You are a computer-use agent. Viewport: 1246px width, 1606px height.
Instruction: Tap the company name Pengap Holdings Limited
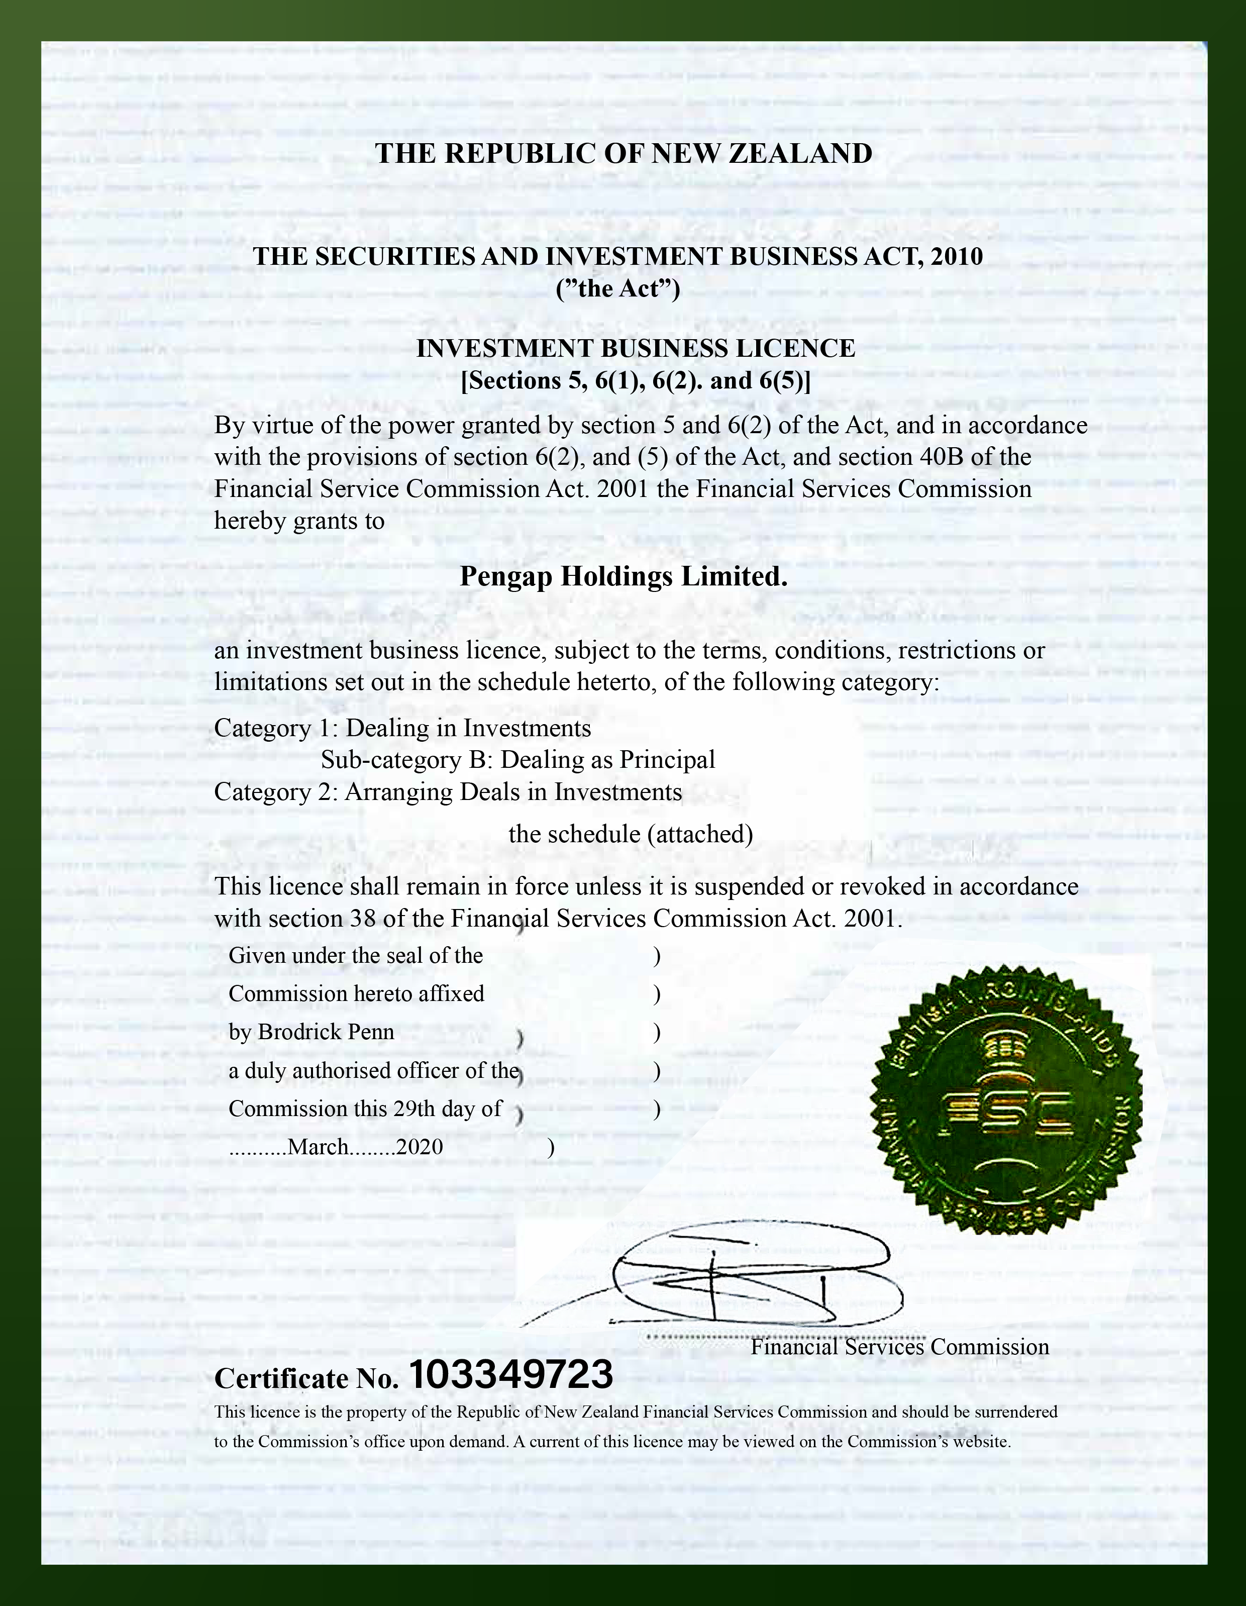click(624, 576)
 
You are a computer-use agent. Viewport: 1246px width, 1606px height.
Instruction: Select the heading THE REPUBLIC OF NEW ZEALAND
click(624, 154)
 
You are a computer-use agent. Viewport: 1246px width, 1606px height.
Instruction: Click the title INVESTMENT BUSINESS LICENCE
click(635, 349)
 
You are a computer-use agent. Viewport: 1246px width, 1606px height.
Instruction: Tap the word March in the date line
click(319, 1147)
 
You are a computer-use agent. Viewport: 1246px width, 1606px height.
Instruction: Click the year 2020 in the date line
click(420, 1147)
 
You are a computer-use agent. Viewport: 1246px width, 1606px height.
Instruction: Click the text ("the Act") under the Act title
click(618, 289)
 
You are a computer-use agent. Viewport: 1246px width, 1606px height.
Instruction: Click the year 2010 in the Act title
click(955, 257)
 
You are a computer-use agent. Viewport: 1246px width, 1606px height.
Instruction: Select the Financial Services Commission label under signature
click(900, 1348)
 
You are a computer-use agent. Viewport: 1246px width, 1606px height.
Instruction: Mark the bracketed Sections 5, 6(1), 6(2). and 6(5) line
click(635, 381)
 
